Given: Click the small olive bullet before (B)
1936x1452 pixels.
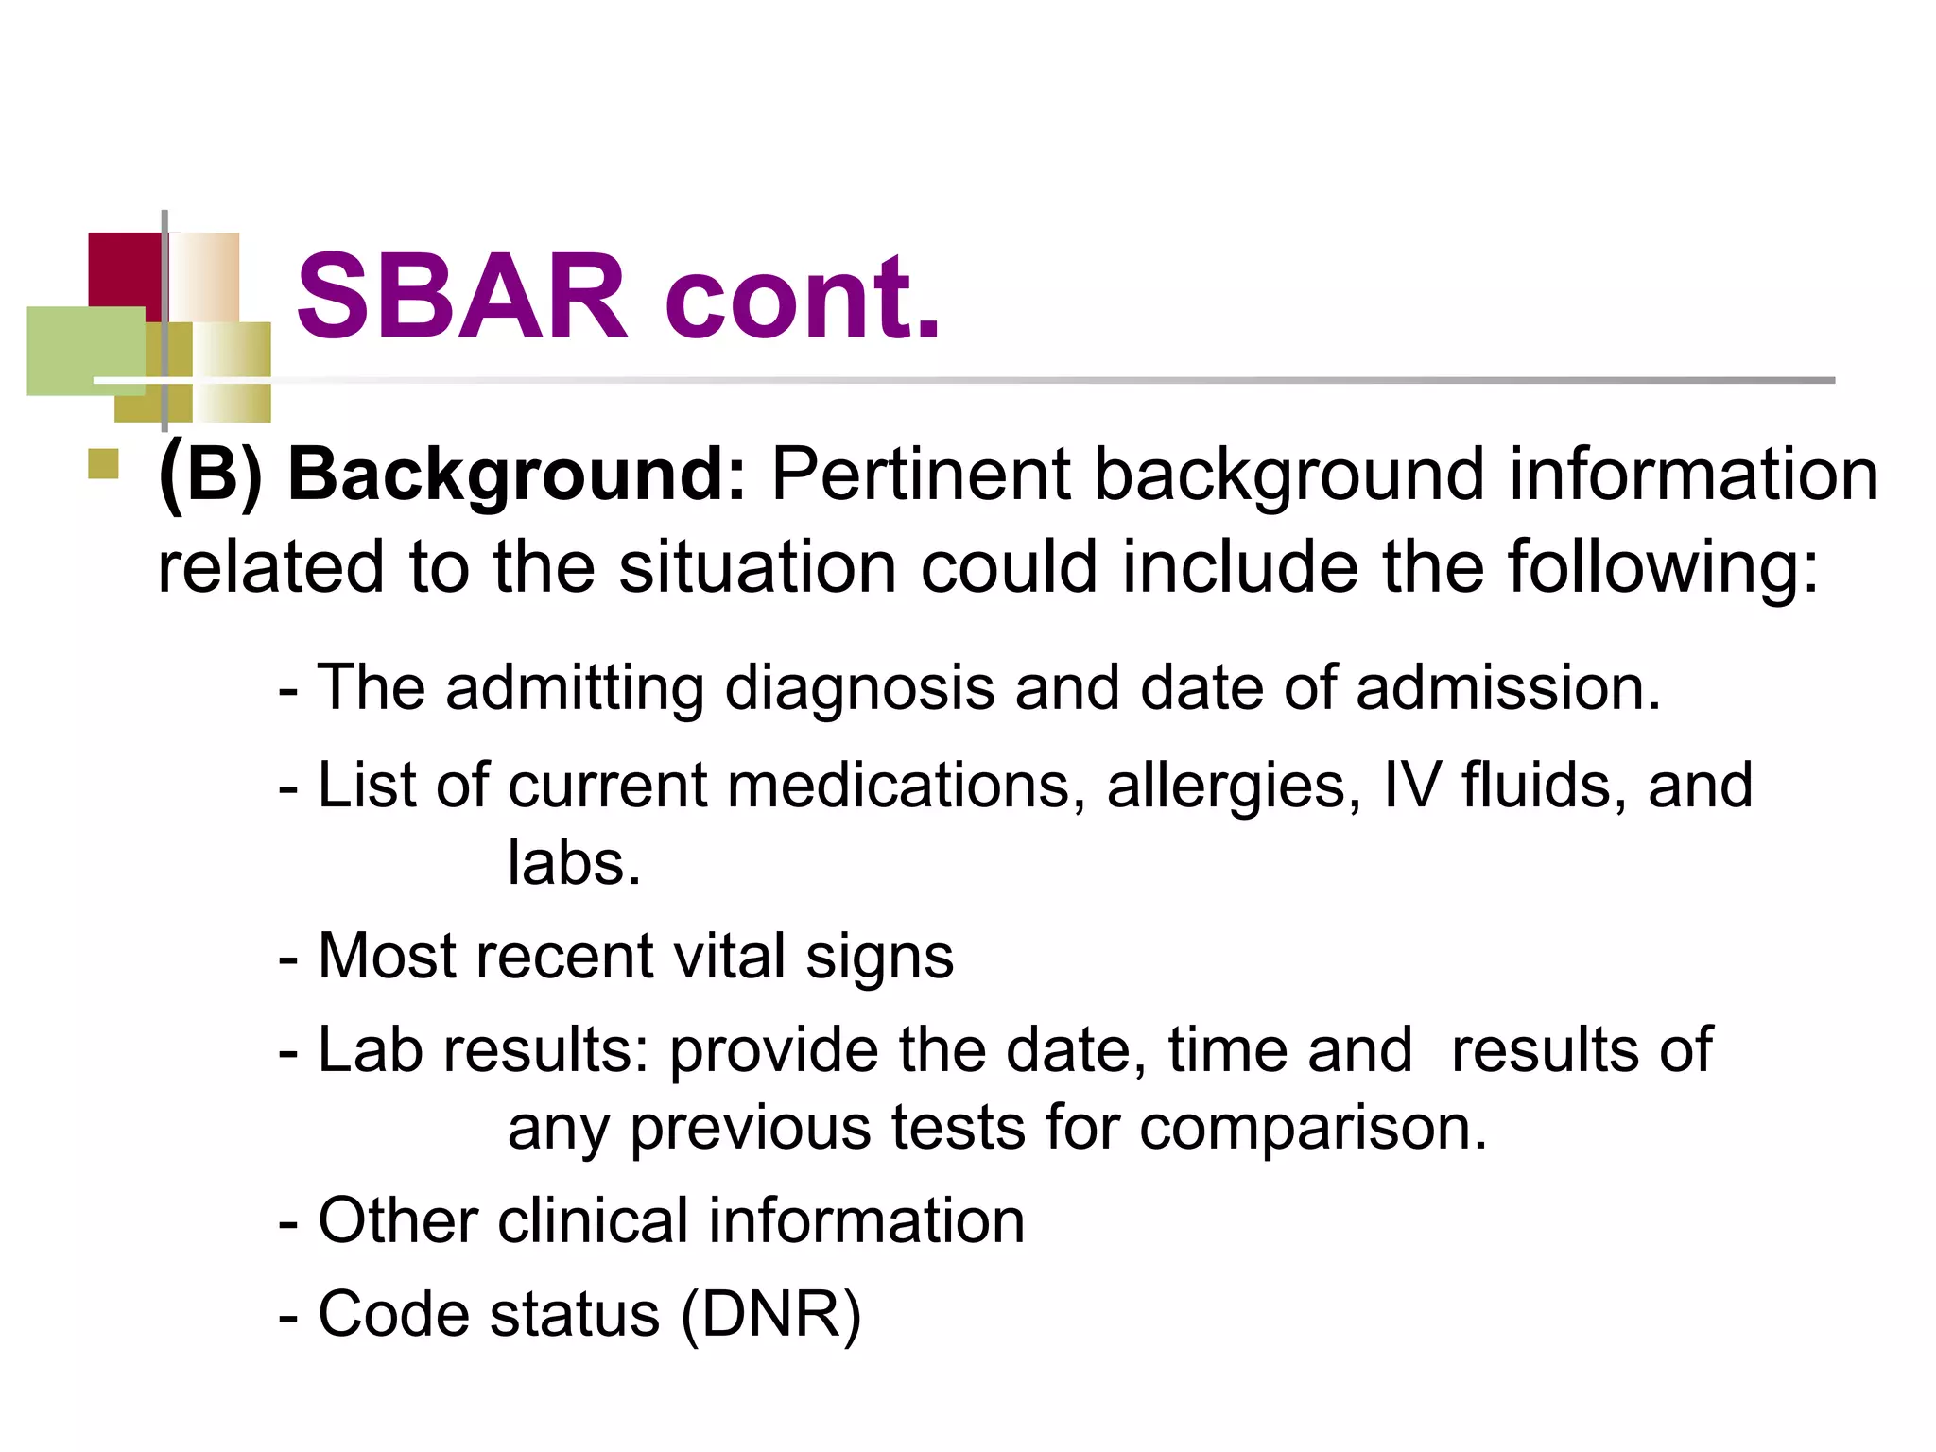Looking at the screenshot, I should tap(103, 464).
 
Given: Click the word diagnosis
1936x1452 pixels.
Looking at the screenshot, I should tap(859, 688).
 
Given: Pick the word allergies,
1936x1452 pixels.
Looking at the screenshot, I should tap(1234, 786).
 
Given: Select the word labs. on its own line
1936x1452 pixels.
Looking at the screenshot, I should tap(574, 862).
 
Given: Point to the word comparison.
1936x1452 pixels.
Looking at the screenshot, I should tap(1313, 1129).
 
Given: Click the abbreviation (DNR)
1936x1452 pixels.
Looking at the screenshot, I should tap(770, 1315).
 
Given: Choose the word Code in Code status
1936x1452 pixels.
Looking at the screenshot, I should tap(393, 1315).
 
